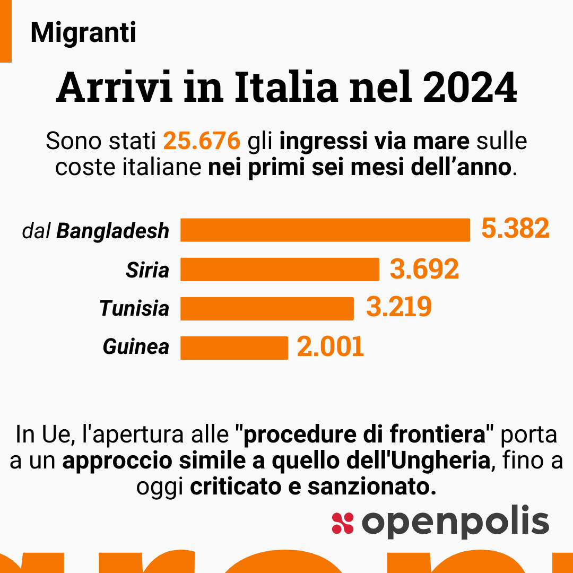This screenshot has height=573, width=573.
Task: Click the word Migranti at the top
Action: point(83,33)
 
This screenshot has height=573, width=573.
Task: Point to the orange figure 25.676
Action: point(202,142)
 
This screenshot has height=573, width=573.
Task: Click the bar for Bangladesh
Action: point(325,230)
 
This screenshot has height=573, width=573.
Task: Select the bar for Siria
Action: point(280,270)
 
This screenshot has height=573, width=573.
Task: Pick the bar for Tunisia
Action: point(267,308)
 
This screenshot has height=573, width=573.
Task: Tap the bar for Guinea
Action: point(234,348)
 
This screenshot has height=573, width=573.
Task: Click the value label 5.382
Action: point(515,229)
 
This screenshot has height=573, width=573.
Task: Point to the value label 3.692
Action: point(424,269)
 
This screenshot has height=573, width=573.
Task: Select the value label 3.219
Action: point(398,308)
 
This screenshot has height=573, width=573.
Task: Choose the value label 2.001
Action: point(330,347)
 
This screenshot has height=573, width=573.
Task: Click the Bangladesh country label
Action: point(112,231)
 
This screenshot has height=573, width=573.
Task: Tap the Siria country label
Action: point(147,270)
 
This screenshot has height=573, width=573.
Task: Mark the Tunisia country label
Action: point(134,308)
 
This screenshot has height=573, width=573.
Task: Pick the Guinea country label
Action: point(136,347)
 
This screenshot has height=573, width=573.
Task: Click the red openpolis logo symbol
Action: point(342,523)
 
